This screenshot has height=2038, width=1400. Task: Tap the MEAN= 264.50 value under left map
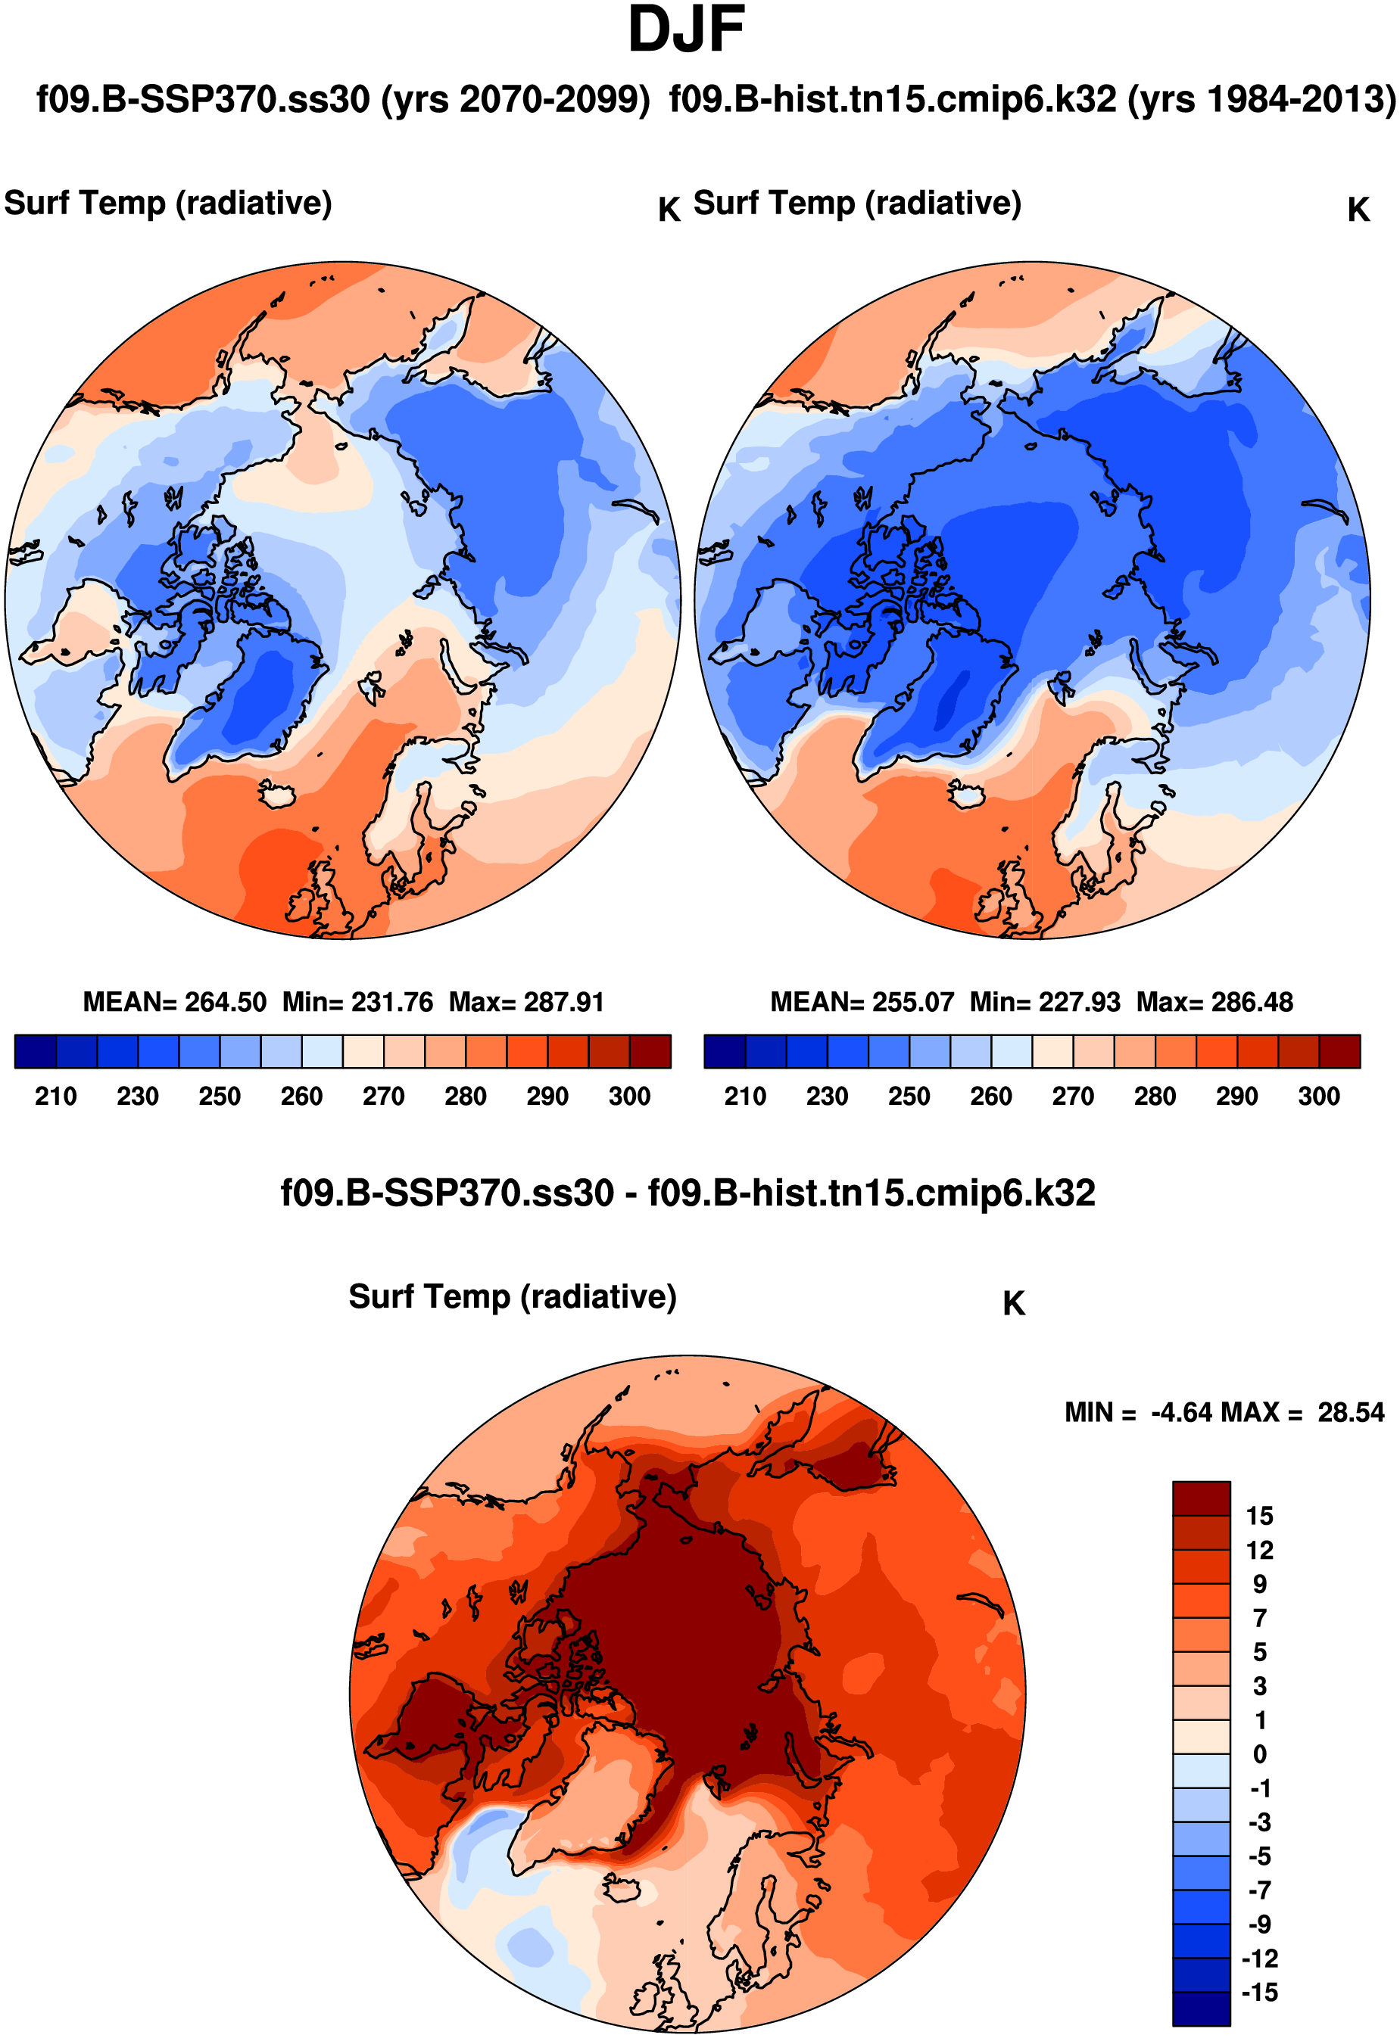coord(175,1002)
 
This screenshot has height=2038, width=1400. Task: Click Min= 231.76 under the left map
coord(358,1002)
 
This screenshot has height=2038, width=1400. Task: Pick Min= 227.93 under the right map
coord(1045,1002)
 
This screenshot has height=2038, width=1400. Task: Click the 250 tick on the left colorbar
coord(220,1096)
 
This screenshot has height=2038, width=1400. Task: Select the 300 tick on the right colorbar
coord(1318,1096)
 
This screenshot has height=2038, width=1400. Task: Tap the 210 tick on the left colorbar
coord(55,1096)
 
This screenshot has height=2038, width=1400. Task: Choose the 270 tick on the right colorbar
coord(1073,1096)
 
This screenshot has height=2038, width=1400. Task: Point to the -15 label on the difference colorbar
coord(1260,1993)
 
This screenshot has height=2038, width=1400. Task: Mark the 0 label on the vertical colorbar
coord(1260,1755)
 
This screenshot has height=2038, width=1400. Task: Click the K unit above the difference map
coord(1014,1304)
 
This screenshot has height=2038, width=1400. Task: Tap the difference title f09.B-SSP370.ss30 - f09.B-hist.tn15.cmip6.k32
coord(688,1193)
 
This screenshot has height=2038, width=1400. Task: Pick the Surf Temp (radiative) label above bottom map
coord(513,1297)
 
